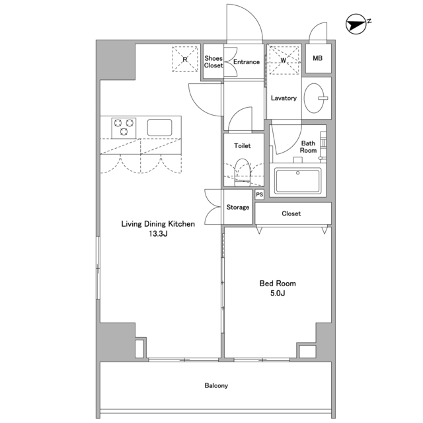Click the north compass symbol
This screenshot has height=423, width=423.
point(356,24)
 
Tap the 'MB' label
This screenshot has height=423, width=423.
point(317,58)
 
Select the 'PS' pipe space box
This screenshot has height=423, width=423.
point(260,194)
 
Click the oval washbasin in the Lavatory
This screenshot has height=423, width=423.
point(315,98)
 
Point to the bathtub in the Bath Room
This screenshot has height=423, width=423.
point(298,180)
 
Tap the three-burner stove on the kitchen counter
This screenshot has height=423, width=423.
point(124,128)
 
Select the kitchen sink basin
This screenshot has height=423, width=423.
point(159,128)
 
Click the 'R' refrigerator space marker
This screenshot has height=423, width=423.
point(185,59)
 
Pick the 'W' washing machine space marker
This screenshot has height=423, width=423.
point(284,60)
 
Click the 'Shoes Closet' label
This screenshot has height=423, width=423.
point(213,61)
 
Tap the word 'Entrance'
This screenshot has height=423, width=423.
point(247,61)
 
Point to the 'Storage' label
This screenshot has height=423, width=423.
point(238,207)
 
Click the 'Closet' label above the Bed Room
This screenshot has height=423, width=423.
point(291,213)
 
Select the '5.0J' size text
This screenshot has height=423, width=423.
point(278,293)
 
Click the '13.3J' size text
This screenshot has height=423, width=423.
point(158,233)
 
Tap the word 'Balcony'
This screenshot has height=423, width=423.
point(216,385)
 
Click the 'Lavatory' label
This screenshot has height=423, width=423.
point(284,98)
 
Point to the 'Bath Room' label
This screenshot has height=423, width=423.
point(308,147)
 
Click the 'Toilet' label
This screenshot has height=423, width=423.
point(243,145)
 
